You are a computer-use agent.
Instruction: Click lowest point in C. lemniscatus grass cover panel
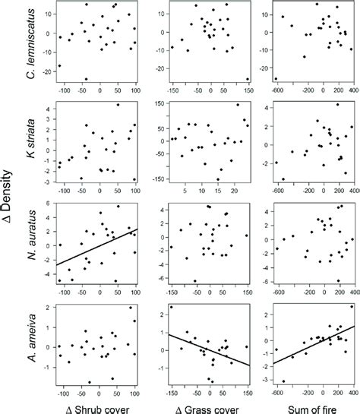click(x=247, y=79)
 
